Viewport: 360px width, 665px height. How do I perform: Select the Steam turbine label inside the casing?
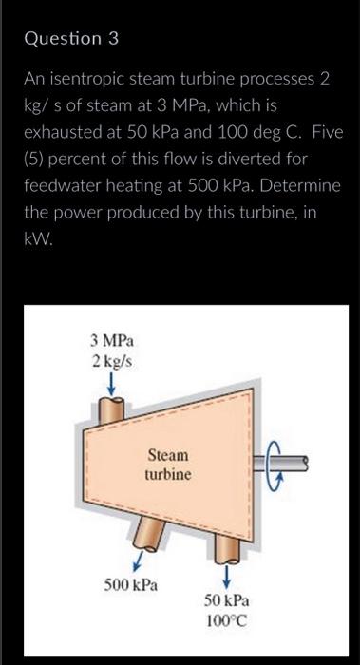point(167,465)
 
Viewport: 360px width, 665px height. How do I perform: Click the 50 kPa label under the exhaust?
point(227,601)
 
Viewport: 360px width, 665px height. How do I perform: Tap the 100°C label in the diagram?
point(227,620)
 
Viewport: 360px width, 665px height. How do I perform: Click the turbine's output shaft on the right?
point(304,463)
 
